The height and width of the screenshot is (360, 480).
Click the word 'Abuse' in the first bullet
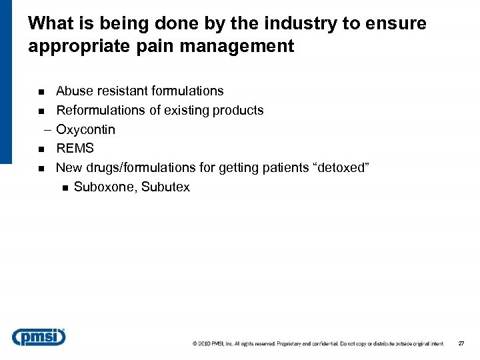click(x=73, y=91)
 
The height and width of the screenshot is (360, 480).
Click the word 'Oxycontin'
click(x=85, y=129)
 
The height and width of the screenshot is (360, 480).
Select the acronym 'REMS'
click(x=75, y=148)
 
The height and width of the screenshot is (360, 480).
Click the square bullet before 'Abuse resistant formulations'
click(x=41, y=91)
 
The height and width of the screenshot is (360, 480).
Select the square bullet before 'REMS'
click(x=41, y=149)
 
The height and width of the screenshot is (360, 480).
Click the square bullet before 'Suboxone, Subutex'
click(x=64, y=187)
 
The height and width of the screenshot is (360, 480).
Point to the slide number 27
click(x=461, y=343)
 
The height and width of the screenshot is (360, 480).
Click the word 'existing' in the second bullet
click(x=183, y=110)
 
